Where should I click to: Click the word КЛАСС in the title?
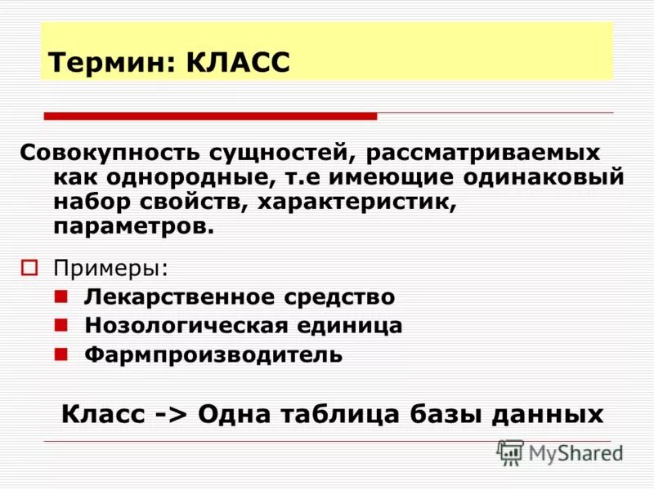pyautogui.click(x=238, y=63)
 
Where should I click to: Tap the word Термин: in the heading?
pyautogui.click(x=114, y=63)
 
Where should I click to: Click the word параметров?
pyautogui.click(x=134, y=226)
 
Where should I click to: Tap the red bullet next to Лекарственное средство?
pyautogui.click(x=61, y=296)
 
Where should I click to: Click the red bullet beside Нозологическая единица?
pyautogui.click(x=61, y=324)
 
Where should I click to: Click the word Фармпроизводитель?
pyautogui.click(x=213, y=354)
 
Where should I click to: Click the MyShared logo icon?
pyautogui.click(x=510, y=452)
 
